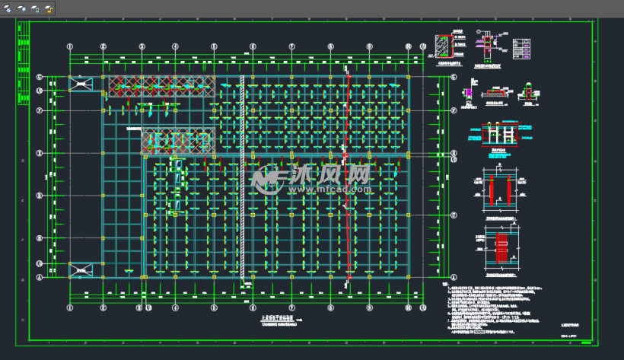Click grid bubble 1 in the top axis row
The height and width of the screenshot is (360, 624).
click(x=69, y=46)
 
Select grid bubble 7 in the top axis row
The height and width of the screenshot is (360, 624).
click(x=291, y=46)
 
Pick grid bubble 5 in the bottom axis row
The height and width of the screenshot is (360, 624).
click(x=214, y=308)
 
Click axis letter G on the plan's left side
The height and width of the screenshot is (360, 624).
click(x=38, y=75)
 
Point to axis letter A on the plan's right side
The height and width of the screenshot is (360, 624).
click(x=454, y=277)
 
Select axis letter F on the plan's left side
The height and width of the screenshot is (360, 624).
click(x=38, y=110)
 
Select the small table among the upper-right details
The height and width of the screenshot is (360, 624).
click(x=522, y=48)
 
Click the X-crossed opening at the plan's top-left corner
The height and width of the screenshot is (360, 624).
click(x=80, y=84)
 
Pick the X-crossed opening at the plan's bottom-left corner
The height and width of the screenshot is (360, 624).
click(x=80, y=269)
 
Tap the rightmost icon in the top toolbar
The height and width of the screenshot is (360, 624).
click(x=49, y=10)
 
